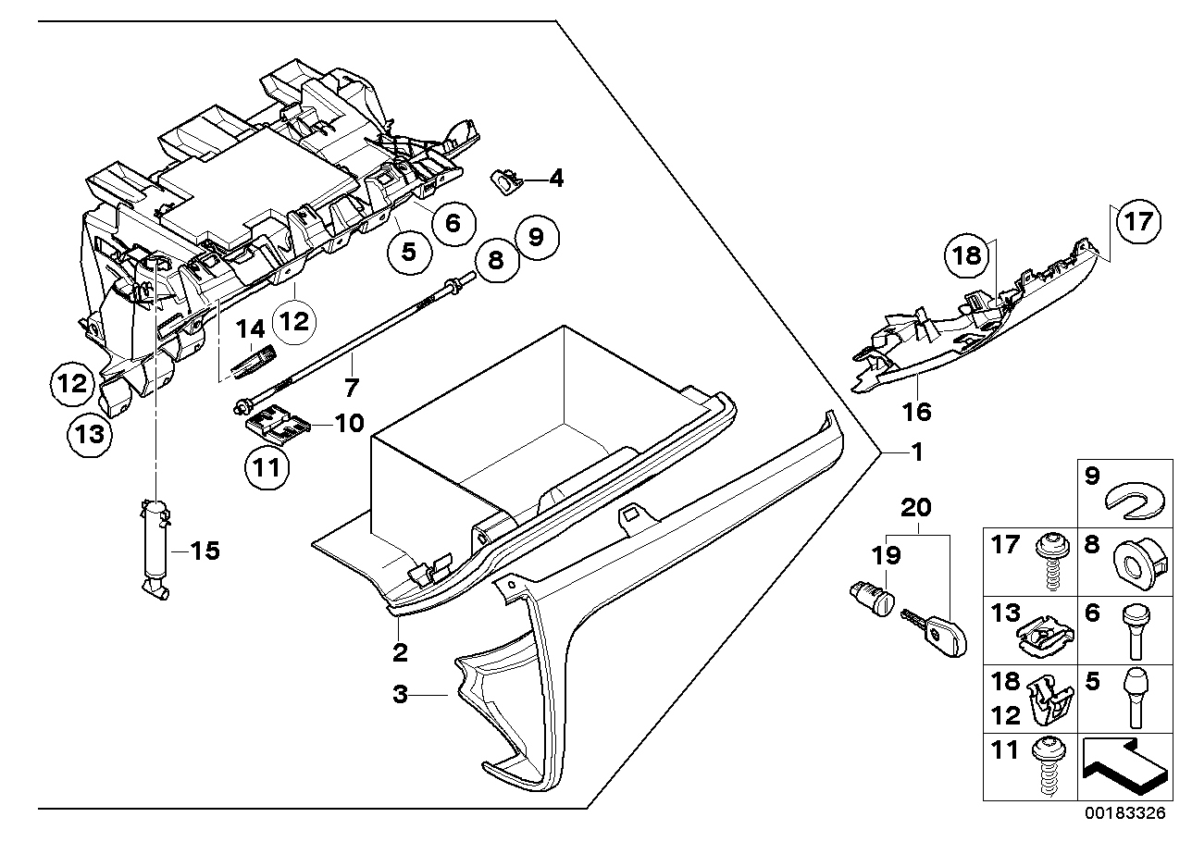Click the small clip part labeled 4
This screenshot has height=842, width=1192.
coord(505,180)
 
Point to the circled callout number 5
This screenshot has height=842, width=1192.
coord(408,251)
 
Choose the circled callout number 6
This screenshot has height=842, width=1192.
coord(453,222)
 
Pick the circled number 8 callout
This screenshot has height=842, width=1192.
coord(496,260)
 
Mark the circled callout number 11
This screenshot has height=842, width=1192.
coord(267,468)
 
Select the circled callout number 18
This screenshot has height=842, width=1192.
coord(967,254)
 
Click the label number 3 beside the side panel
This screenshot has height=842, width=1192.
coord(400,695)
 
